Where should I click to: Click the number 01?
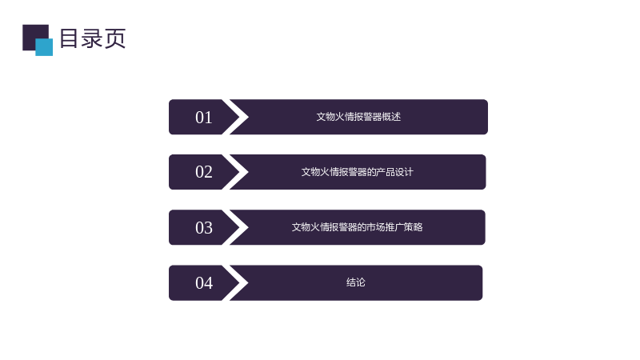click(x=204, y=118)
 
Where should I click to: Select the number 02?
click(x=204, y=172)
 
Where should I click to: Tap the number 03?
click(x=204, y=228)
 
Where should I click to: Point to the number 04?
click(x=204, y=283)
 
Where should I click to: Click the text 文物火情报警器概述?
click(x=358, y=117)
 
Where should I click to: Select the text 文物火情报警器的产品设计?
click(x=357, y=172)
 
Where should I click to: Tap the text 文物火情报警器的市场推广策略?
click(x=357, y=227)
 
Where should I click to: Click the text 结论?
click(x=355, y=282)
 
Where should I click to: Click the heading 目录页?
click(x=93, y=38)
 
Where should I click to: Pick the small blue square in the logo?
click(x=44, y=47)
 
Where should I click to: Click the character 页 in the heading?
click(x=114, y=38)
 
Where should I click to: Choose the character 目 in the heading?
click(x=69, y=38)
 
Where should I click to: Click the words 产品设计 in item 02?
click(x=394, y=172)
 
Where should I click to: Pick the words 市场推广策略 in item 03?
click(x=394, y=227)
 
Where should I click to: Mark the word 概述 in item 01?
click(x=391, y=117)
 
